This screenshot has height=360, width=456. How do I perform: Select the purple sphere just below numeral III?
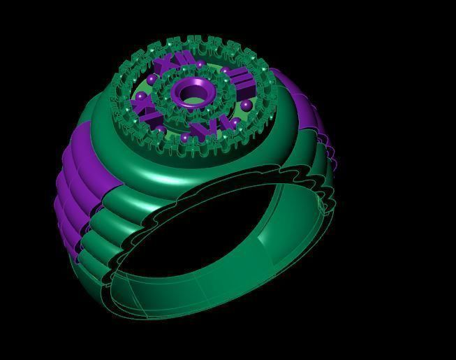tap(247, 104)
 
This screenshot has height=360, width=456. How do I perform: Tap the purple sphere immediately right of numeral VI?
tap(235, 122)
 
